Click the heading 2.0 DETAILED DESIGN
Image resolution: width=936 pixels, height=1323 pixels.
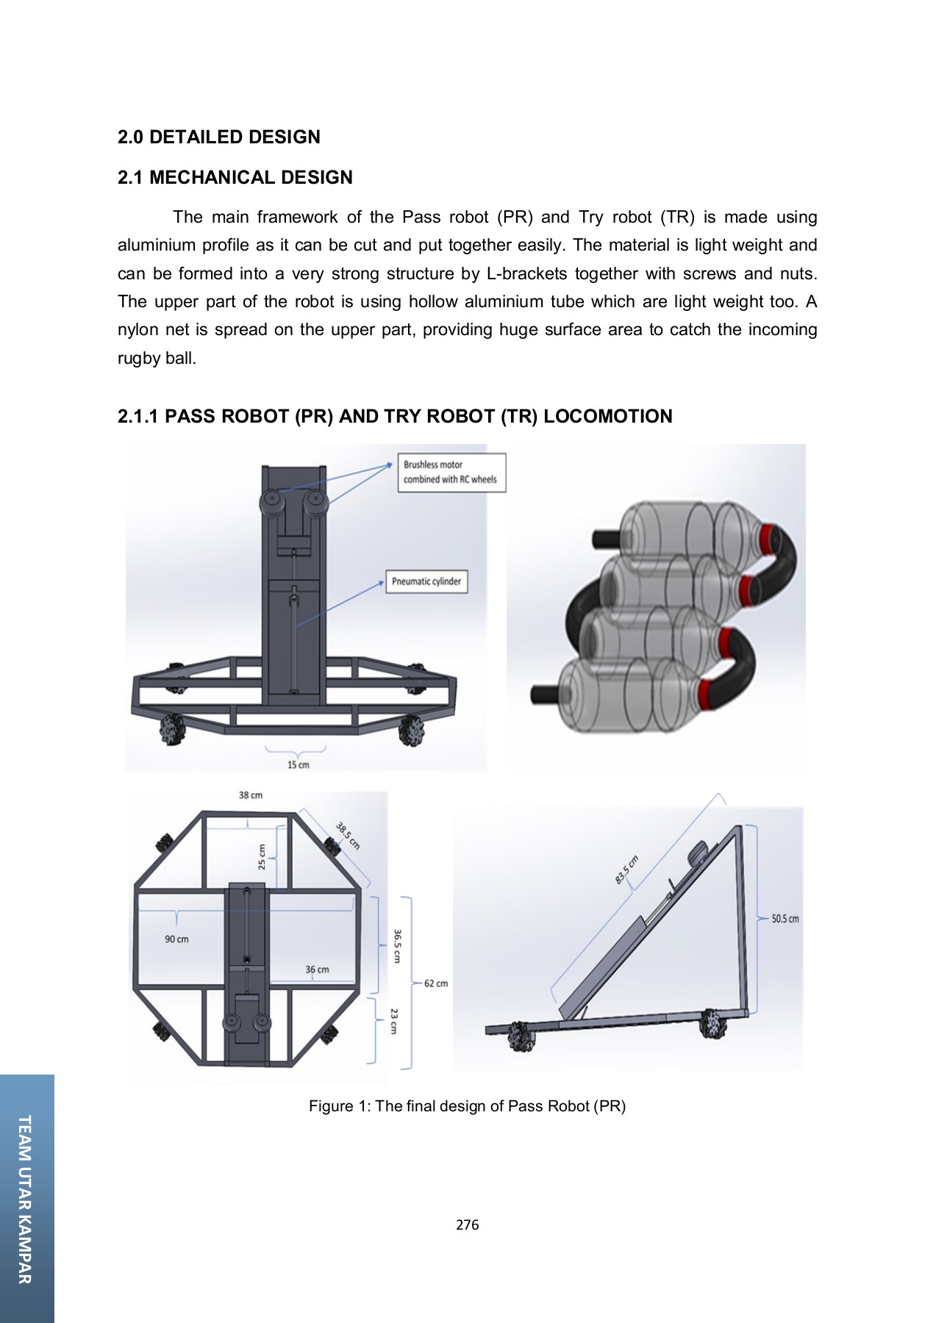point(218,137)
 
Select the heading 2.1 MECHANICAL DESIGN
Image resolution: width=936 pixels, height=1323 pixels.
point(235,178)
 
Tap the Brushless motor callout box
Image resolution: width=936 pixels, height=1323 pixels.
point(451,472)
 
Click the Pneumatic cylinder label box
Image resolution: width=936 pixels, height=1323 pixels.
point(426,581)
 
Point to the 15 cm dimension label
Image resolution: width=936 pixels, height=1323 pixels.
point(298,764)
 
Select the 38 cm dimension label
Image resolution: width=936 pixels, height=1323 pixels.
point(250,795)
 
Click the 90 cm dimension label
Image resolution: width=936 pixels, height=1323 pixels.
point(176,939)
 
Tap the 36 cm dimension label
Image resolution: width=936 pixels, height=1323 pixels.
point(317,969)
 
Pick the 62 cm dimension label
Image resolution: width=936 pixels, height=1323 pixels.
point(435,983)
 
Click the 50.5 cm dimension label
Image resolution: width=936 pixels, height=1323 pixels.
point(785,919)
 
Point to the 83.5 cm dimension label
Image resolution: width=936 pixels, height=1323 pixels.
point(627,870)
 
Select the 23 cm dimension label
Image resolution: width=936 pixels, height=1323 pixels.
point(394,1021)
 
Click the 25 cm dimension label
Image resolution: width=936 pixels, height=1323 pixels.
point(262,857)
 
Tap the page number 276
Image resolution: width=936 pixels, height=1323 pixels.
point(467,1225)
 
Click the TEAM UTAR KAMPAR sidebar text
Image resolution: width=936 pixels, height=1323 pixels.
point(25,1199)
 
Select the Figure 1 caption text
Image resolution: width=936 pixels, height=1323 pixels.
point(467,1106)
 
